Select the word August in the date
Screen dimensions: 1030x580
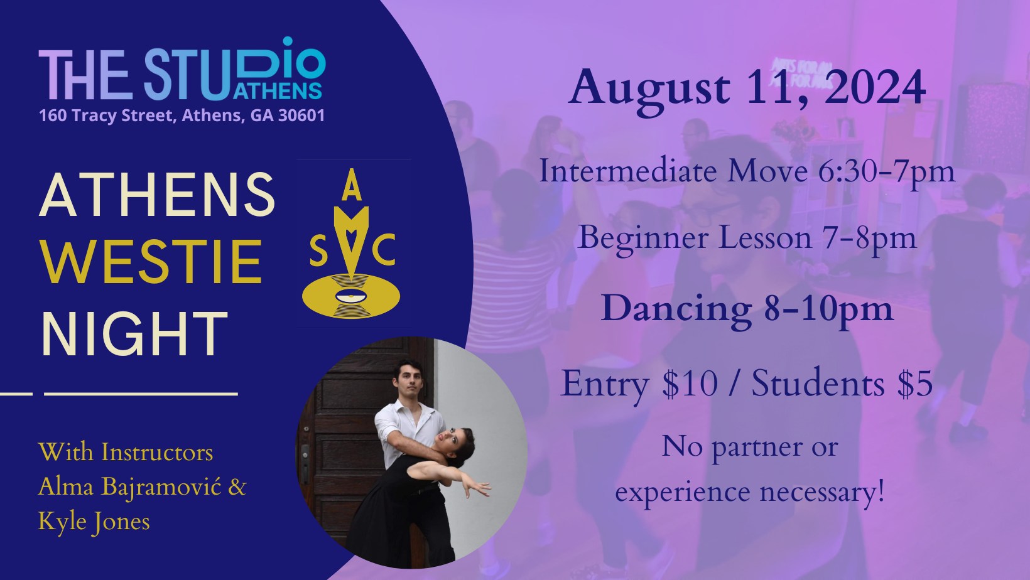coord(649,90)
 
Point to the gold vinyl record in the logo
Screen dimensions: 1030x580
coord(351,296)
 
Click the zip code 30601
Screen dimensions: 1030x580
coord(301,115)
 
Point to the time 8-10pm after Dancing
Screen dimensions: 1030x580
coord(828,310)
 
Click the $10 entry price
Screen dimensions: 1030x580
coord(690,384)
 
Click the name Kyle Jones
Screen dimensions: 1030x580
coord(94,522)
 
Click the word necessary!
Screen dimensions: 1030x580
coord(822,493)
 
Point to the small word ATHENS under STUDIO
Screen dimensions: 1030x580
coord(277,91)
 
